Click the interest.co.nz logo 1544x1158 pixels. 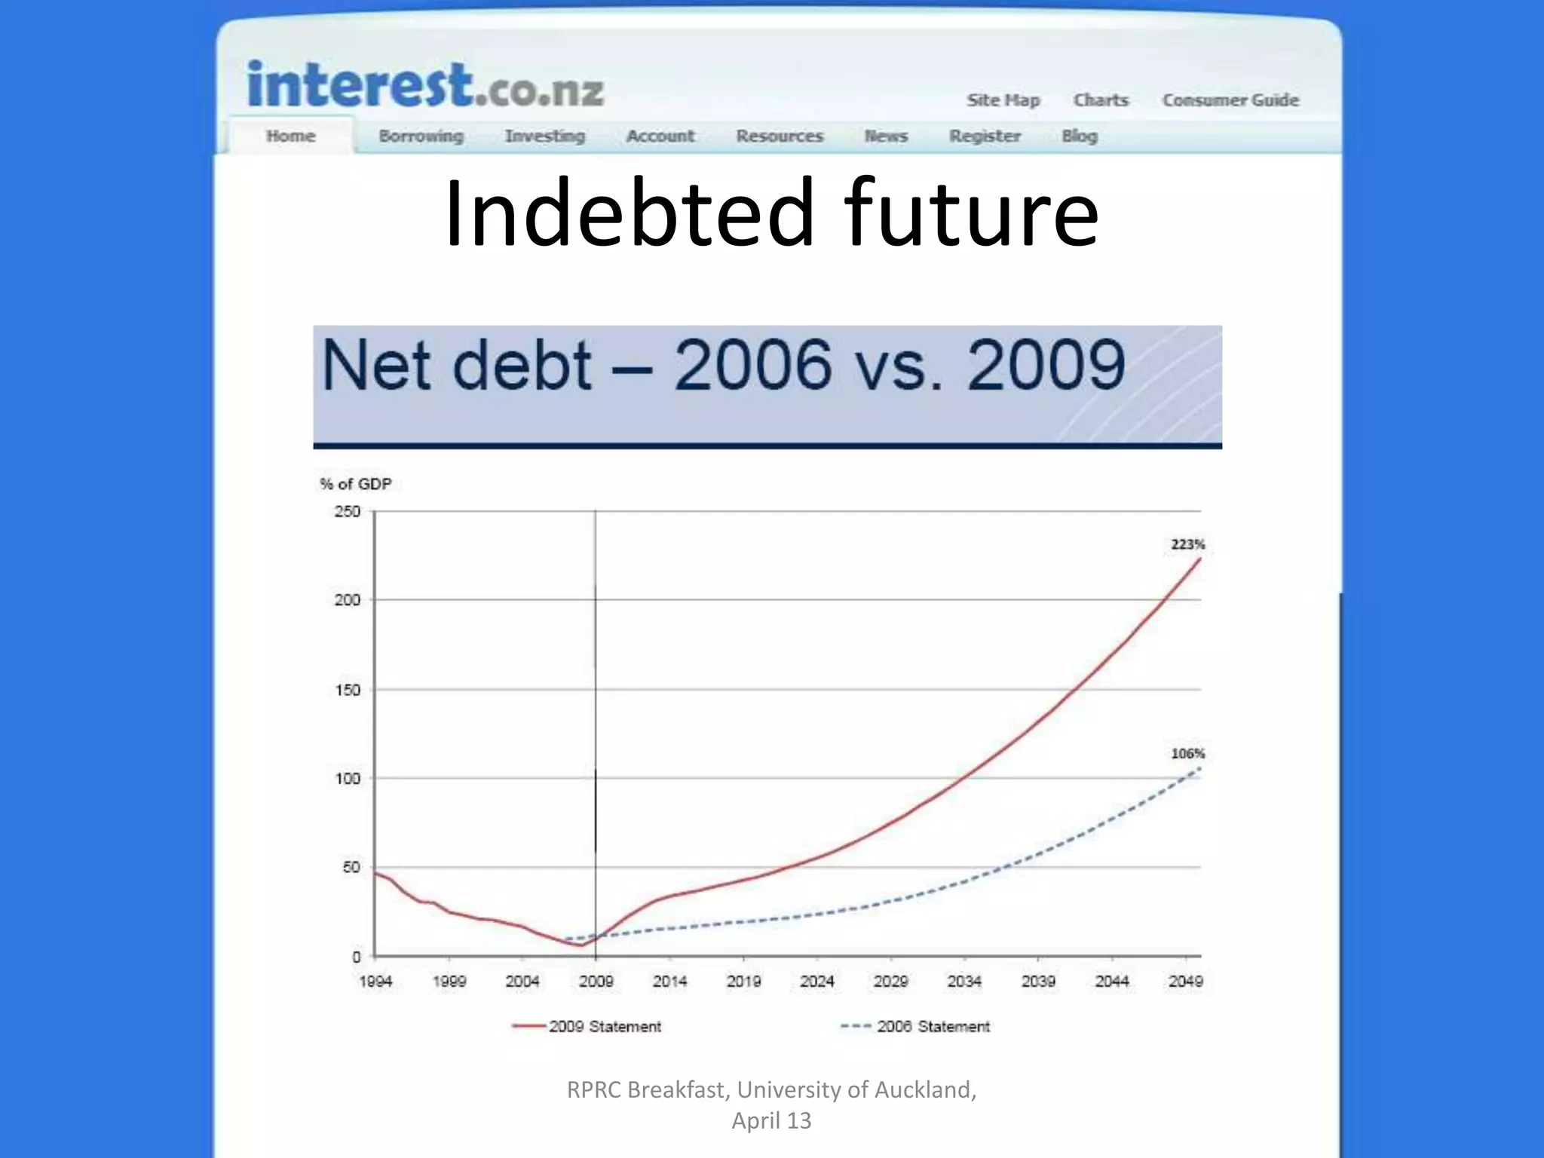point(426,85)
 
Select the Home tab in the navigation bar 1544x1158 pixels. point(290,136)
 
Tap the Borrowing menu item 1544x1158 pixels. point(421,136)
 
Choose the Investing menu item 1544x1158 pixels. point(545,136)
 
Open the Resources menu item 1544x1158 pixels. point(780,136)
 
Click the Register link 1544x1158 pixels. point(985,136)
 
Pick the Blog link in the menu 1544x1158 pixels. point(1080,136)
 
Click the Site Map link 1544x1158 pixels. point(1003,100)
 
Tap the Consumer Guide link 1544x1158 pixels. point(1230,100)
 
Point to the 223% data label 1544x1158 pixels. point(1187,544)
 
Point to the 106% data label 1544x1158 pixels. point(1187,753)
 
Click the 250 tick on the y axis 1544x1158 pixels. point(348,512)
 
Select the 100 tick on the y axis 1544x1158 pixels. point(348,779)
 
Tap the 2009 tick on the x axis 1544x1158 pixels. point(596,982)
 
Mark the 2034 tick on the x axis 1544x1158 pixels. point(964,982)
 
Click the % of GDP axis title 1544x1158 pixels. point(356,484)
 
